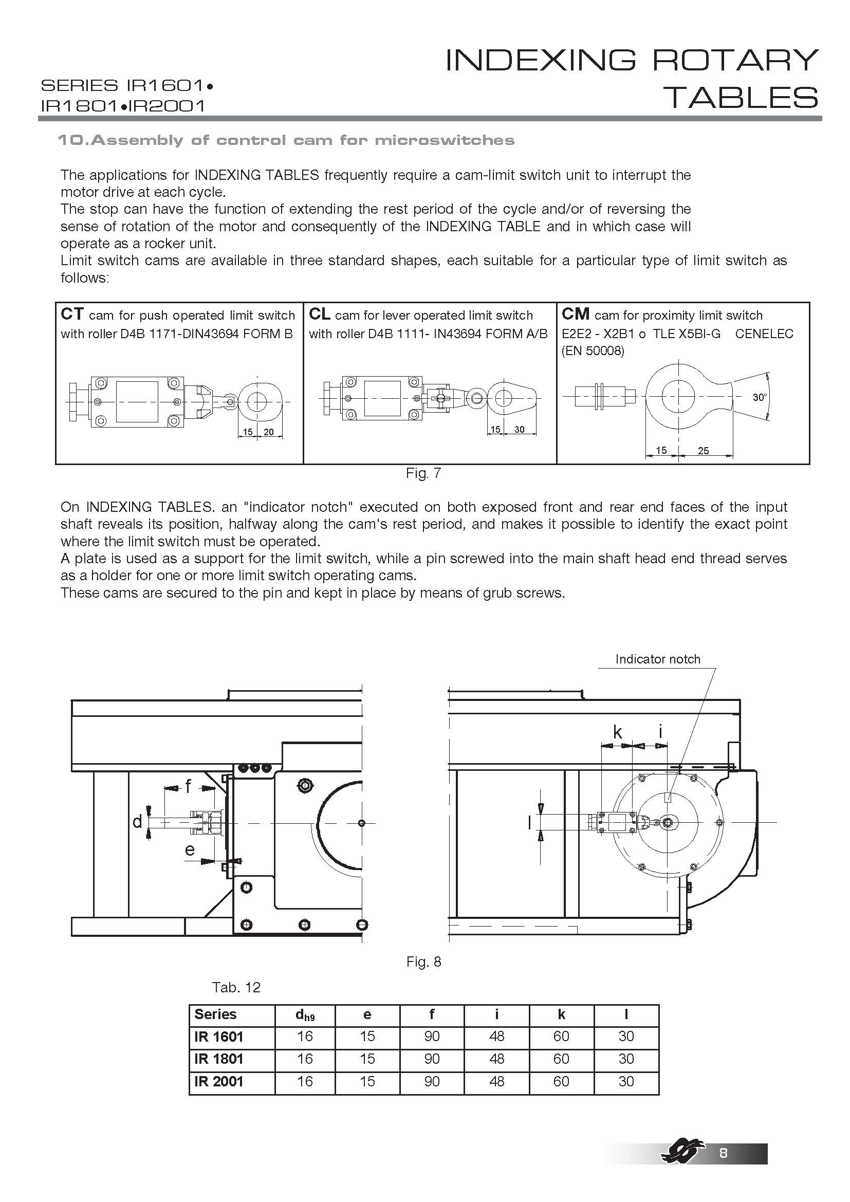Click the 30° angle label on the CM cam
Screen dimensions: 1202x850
point(760,397)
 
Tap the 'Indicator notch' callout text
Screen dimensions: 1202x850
point(657,659)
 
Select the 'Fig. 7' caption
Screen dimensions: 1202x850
point(423,473)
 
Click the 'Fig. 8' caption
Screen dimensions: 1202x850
point(423,961)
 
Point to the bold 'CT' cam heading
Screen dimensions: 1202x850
point(72,314)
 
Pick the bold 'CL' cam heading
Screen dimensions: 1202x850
point(319,314)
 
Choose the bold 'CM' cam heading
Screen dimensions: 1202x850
point(575,314)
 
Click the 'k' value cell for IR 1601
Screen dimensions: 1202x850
point(561,1036)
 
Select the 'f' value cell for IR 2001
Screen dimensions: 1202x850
point(432,1081)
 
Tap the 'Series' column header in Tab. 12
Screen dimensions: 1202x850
point(215,1014)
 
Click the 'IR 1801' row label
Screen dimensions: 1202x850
point(219,1059)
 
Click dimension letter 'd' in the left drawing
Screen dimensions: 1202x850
point(137,822)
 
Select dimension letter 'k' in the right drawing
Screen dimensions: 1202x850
point(618,732)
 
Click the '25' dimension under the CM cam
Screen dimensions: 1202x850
point(703,450)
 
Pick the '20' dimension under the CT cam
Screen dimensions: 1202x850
point(268,432)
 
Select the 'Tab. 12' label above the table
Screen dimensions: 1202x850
point(236,987)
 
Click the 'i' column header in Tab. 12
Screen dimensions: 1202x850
point(496,1014)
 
